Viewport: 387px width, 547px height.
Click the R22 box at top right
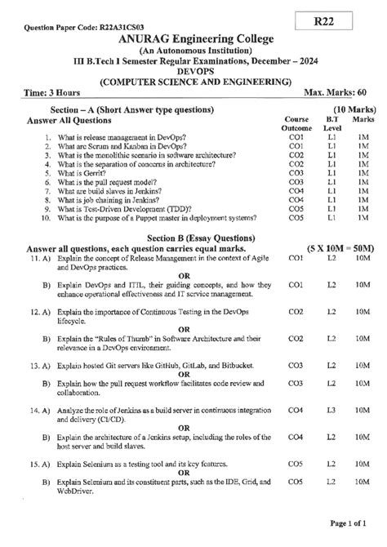pos(344,16)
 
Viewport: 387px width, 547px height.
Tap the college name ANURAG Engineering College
pos(194,40)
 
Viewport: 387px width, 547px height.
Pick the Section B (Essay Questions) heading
pos(194,236)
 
